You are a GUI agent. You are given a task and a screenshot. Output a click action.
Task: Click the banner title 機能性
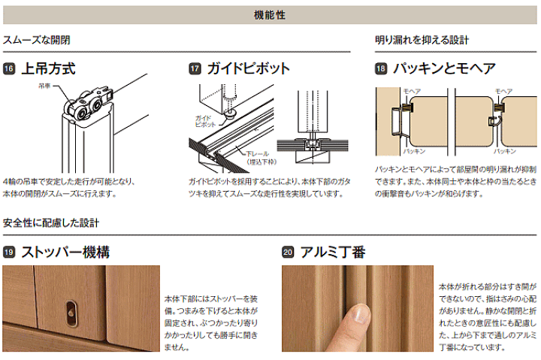(270, 15)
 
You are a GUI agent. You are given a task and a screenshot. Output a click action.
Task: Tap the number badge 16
(9, 68)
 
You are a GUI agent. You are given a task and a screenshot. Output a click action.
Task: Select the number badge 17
(195, 68)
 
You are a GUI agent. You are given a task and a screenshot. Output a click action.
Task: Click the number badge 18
(381, 68)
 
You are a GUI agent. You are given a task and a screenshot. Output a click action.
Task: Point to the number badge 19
(9, 253)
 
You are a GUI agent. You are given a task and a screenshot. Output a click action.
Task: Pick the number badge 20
(288, 253)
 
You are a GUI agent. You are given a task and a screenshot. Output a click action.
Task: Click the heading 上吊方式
(49, 68)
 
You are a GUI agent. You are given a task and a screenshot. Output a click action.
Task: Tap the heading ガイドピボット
(249, 68)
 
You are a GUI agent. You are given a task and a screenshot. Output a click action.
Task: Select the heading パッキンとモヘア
(444, 68)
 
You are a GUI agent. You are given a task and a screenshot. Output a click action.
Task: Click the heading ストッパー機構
(65, 253)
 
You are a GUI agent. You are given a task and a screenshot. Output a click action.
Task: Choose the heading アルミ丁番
(333, 253)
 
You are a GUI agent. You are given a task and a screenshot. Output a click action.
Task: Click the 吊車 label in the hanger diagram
(44, 86)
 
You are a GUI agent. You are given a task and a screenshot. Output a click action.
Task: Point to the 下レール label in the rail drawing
(257, 154)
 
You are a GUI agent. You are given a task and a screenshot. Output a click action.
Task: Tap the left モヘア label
(412, 92)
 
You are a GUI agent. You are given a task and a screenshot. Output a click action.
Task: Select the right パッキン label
(505, 151)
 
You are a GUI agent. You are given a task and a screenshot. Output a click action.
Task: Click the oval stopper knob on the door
(71, 313)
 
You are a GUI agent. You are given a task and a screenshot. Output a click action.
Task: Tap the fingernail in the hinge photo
(361, 314)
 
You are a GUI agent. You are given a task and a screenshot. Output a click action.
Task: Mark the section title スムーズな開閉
(37, 40)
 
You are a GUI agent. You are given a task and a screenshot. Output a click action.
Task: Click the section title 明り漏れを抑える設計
(422, 40)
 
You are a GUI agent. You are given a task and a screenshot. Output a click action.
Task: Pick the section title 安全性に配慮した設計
(51, 223)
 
